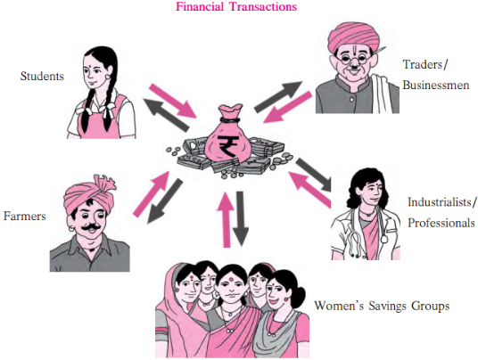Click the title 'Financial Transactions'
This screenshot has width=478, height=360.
click(x=236, y=6)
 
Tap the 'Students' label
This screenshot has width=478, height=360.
click(x=42, y=76)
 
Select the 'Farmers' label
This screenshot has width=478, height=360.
click(x=25, y=216)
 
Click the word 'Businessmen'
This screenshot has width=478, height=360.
click(x=436, y=85)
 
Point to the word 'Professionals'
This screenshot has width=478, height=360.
click(x=441, y=223)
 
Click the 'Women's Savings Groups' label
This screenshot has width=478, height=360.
click(x=382, y=306)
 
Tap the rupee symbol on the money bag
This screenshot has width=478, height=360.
click(x=228, y=146)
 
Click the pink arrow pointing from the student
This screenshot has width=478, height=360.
click(x=173, y=100)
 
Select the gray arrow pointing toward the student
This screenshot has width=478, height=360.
click(x=166, y=115)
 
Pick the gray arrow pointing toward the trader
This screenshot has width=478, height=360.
click(x=278, y=96)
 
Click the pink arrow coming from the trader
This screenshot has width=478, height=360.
click(x=287, y=107)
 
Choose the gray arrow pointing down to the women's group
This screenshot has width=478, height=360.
click(x=241, y=218)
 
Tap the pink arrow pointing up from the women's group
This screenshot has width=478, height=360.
click(x=227, y=220)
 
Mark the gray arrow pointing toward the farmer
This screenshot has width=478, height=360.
click(x=165, y=201)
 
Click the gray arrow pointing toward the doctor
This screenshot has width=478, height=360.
click(x=313, y=175)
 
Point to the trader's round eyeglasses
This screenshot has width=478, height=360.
click(x=355, y=58)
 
